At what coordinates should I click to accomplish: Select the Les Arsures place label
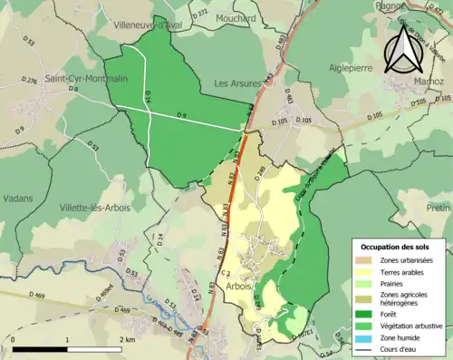tap(237, 83)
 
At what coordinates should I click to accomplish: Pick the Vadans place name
tap(17, 198)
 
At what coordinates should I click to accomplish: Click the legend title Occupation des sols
tap(401, 247)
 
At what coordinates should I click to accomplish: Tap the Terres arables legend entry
tap(402, 272)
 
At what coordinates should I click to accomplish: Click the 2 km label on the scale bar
tap(127, 339)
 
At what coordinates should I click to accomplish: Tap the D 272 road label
tap(201, 13)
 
